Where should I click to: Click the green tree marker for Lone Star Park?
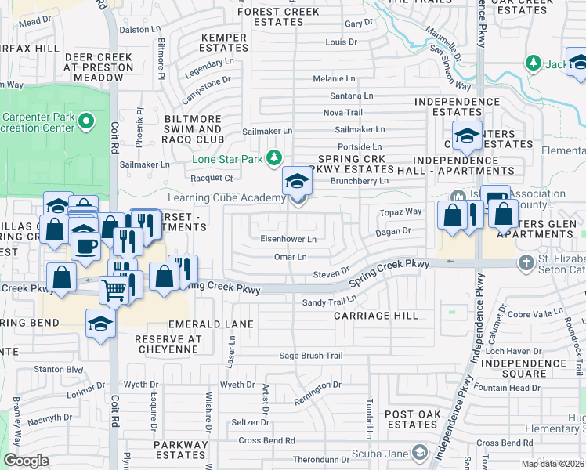(273, 158)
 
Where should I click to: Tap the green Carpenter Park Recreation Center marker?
(87, 121)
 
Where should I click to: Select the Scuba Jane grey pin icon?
(421, 452)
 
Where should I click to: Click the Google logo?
(26, 460)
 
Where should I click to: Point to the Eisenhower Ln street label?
(288, 239)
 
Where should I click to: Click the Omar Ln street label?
(290, 256)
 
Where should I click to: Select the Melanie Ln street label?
(335, 79)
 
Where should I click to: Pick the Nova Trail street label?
(343, 113)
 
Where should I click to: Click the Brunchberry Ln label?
(361, 180)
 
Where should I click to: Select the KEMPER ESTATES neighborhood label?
(224, 42)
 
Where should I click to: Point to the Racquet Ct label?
(211, 179)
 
